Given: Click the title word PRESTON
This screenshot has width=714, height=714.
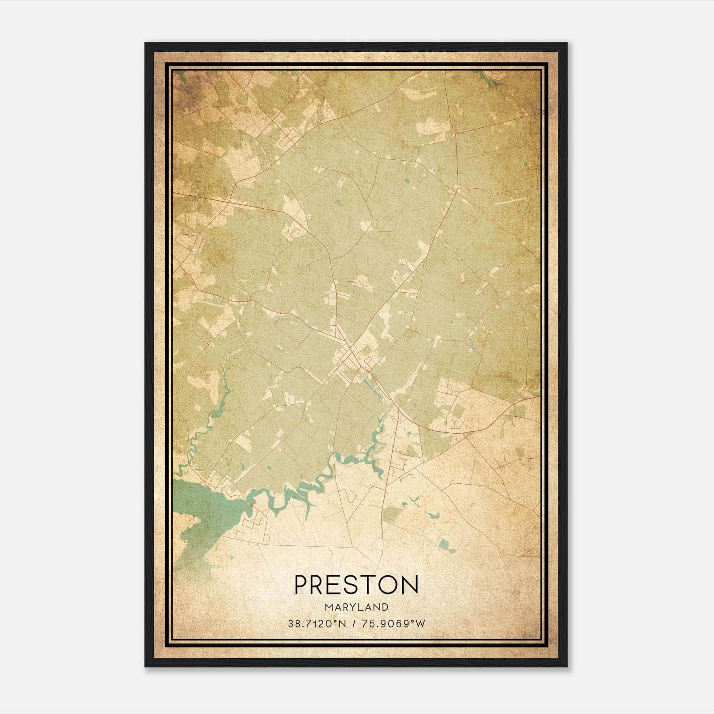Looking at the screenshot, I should click(356, 585).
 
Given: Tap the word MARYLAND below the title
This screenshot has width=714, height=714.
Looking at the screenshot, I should click(356, 607).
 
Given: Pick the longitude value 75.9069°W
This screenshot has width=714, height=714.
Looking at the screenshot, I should click(393, 623).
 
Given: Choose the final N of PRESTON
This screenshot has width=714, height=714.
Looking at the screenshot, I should click(411, 585).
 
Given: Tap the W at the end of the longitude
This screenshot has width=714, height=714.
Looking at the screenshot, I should click(421, 623).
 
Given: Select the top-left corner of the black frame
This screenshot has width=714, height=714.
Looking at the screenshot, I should click(145, 44).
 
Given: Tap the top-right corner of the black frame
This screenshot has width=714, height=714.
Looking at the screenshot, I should click(566, 44).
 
